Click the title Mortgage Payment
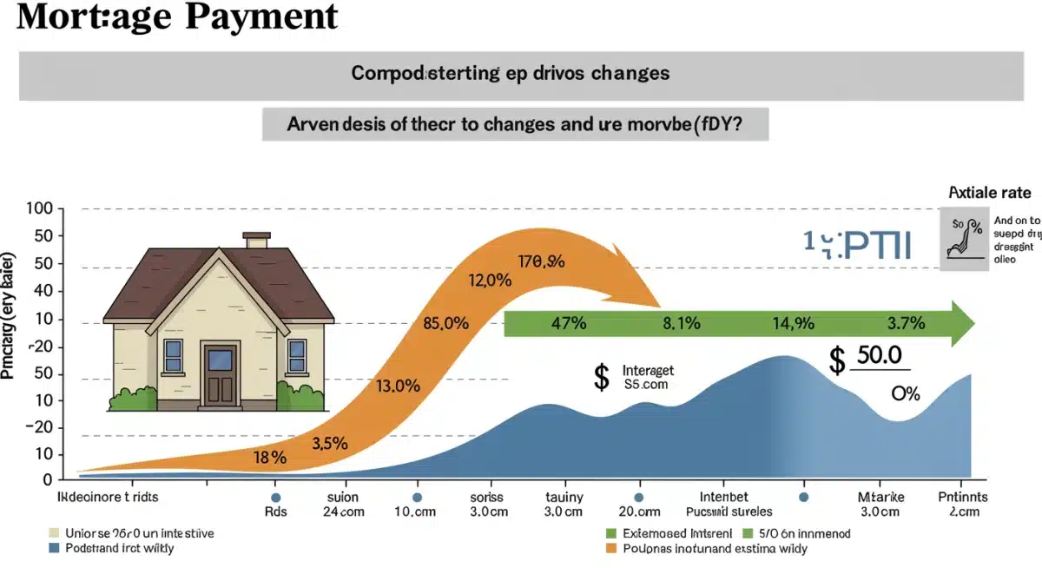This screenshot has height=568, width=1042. point(177,17)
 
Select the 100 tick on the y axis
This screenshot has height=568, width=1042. point(40,208)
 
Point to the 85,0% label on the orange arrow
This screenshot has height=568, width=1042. point(446,324)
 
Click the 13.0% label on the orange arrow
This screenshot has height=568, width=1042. point(398,386)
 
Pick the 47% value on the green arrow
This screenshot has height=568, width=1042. point(570,324)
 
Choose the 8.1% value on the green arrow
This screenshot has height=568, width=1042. point(682,324)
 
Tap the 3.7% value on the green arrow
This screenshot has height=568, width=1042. point(906,324)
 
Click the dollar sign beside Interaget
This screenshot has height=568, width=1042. point(601,377)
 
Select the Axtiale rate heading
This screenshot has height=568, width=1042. point(989,193)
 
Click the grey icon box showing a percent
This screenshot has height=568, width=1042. point(965,238)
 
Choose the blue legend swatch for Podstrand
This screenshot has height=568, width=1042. point(56,549)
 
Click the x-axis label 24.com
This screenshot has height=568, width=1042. point(343,512)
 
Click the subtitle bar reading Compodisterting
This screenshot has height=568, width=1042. point(511,74)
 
